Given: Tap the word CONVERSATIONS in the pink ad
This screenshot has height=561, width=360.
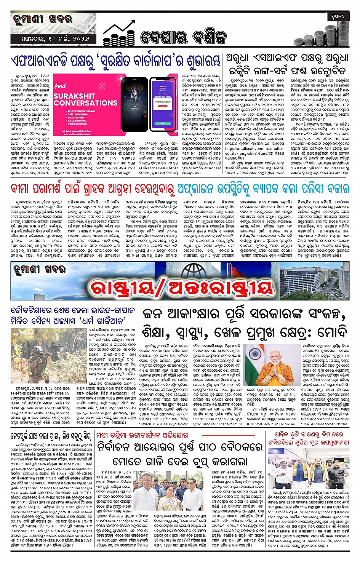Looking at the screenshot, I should pyautogui.click(x=85, y=103).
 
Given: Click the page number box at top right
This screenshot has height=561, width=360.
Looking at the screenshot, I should pyautogui.click(x=338, y=17).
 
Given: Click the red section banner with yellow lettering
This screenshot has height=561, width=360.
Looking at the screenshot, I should pyautogui.click(x=181, y=288).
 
